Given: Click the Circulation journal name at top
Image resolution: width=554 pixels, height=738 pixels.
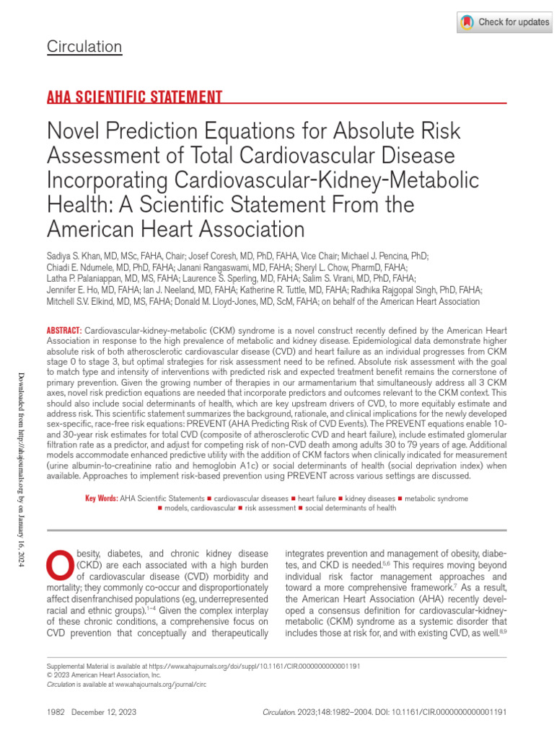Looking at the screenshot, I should pyautogui.click(x=84, y=48).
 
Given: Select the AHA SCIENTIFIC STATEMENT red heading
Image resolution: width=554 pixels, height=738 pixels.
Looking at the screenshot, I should pyautogui.click(x=133, y=97).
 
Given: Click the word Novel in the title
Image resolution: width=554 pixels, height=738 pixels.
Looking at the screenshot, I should pyautogui.click(x=71, y=132).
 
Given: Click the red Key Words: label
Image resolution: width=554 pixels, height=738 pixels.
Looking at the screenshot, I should pyautogui.click(x=101, y=498).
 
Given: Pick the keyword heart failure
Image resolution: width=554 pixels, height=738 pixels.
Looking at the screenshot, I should pyautogui.click(x=316, y=498).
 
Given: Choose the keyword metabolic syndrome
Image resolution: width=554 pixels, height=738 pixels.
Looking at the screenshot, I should pyautogui.click(x=436, y=498).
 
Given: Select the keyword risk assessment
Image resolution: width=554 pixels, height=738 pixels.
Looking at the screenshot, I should pyautogui.click(x=271, y=508).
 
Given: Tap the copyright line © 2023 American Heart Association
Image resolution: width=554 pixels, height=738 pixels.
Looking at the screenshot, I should pyautogui.click(x=104, y=676).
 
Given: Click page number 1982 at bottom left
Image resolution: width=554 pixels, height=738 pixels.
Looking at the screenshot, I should pyautogui.click(x=56, y=711).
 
